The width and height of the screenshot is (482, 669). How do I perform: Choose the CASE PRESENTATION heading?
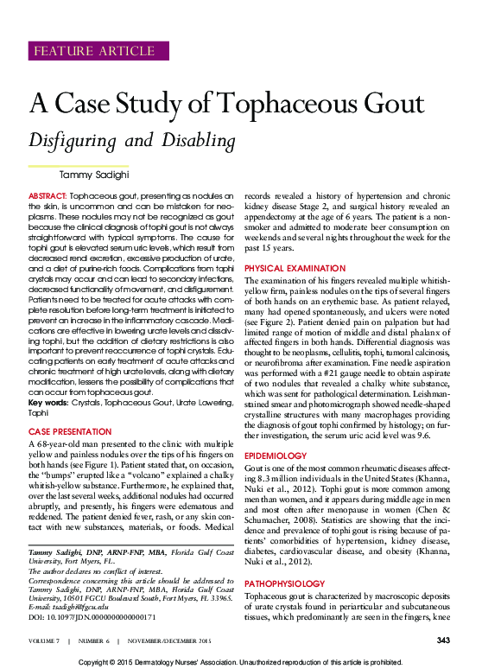[69, 430]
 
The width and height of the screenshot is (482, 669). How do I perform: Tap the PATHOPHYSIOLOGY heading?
[281, 559]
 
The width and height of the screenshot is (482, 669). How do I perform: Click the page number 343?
[444, 640]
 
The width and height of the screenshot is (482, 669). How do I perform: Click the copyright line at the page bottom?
[240, 661]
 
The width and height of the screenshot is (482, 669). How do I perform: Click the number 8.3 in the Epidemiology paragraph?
[255, 478]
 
